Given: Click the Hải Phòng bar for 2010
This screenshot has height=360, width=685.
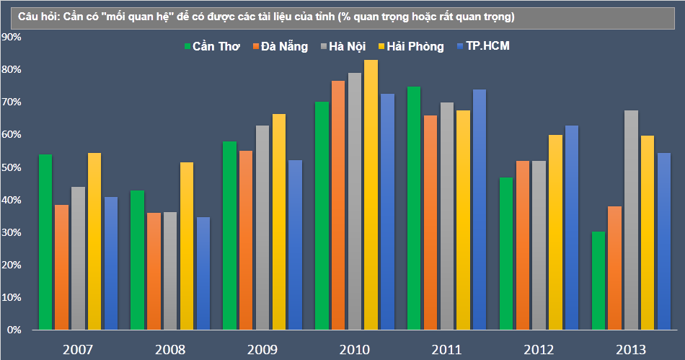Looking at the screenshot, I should tap(371, 195).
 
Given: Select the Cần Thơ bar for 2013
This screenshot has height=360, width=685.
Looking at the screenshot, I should tap(597, 281).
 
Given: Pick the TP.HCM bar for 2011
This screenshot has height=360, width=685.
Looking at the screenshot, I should tap(479, 209).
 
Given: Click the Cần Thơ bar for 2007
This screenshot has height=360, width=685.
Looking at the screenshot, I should tap(45, 242).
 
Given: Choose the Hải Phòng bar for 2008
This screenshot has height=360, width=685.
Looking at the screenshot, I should tap(186, 246).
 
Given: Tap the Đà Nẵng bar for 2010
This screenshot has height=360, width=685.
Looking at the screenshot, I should tap(337, 205).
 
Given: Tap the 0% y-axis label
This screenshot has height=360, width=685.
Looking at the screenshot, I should tap(14, 330).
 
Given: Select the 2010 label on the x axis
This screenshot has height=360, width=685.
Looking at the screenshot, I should tap(354, 350).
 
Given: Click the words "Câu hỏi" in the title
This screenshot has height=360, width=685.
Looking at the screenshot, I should tap(27, 15).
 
